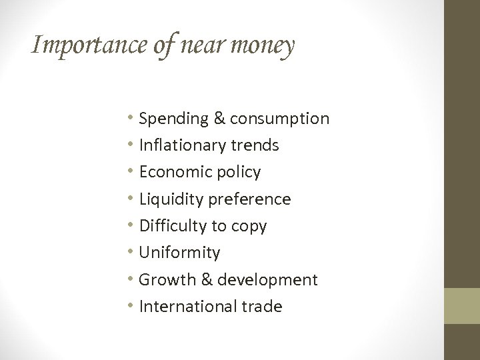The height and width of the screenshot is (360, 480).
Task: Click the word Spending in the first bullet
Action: [173, 119]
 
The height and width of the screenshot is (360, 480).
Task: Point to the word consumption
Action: [279, 119]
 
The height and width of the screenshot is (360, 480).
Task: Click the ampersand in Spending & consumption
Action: [218, 119]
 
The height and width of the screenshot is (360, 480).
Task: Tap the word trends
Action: [257, 145]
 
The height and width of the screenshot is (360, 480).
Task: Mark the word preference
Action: [250, 199]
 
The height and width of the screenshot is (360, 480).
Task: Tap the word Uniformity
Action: [179, 253]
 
